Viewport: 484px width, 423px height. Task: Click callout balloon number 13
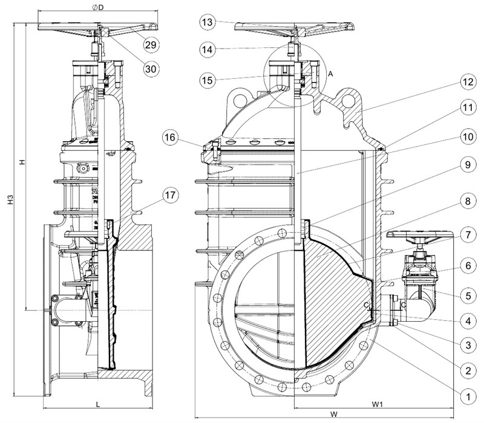[208, 22]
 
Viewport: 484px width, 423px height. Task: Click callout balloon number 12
[465, 81]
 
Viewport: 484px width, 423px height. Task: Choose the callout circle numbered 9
[465, 164]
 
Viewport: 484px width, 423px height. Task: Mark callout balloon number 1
[465, 396]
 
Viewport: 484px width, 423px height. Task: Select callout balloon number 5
[465, 296]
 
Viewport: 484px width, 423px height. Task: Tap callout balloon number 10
[465, 136]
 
